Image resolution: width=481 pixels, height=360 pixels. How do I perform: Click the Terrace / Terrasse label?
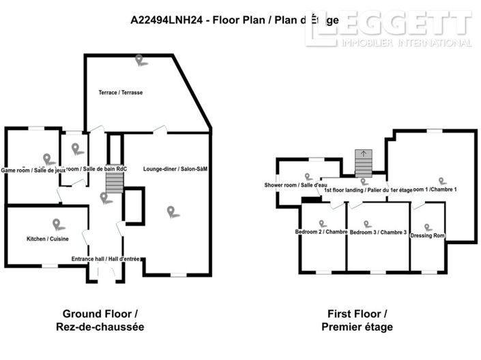click(x=121, y=92)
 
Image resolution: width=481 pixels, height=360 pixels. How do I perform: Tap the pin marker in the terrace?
click(x=141, y=60)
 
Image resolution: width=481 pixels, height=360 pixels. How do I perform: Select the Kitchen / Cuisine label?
click(x=47, y=240)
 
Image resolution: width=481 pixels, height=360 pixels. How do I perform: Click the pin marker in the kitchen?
click(x=56, y=224)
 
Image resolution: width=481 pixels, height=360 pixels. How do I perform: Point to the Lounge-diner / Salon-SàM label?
click(x=175, y=168)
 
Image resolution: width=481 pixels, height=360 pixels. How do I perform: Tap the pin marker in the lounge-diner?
click(x=173, y=212)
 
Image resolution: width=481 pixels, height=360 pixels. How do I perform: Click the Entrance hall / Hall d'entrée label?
click(x=106, y=259)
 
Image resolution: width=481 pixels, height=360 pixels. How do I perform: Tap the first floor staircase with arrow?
click(x=364, y=163)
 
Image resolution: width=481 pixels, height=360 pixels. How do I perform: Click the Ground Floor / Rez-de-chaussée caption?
click(x=100, y=320)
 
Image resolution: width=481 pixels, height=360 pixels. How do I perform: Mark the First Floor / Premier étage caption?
click(x=356, y=320)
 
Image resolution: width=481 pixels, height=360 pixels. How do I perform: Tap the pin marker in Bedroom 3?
click(x=368, y=224)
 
